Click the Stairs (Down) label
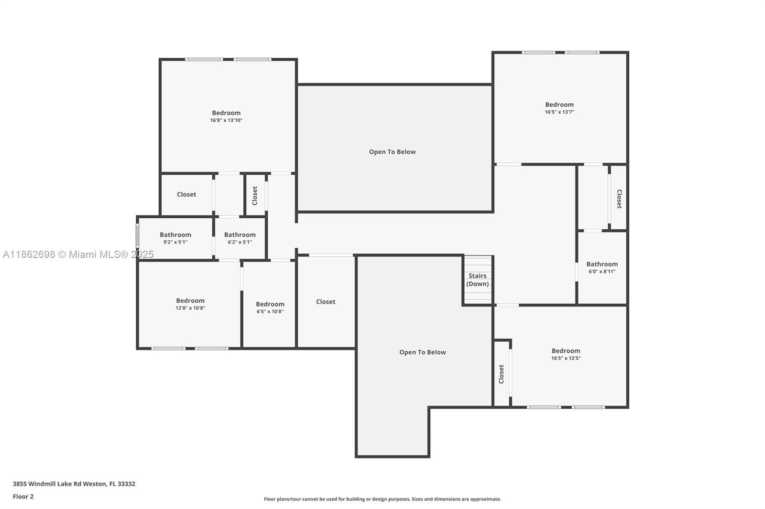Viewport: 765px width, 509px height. pos(478,280)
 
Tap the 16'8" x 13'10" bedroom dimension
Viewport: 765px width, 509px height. pos(226,120)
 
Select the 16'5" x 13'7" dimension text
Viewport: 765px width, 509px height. pos(559,112)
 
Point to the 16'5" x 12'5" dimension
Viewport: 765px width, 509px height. pos(566,358)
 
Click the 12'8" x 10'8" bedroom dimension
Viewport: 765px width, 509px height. pos(190,308)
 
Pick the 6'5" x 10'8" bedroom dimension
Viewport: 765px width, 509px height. pos(270,311)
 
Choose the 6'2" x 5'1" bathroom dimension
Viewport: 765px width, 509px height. pos(240,242)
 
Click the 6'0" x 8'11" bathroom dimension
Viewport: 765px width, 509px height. pos(602,272)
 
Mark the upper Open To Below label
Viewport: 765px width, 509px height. pos(393,152)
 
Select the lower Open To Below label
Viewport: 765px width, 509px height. pos(423,352)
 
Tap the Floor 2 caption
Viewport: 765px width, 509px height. pos(23,497)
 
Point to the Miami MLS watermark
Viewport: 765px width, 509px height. pos(78,254)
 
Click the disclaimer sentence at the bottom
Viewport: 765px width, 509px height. pos(382,499)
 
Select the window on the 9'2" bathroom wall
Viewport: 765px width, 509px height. pos(138,235)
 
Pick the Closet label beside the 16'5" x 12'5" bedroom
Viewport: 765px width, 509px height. pos(502,374)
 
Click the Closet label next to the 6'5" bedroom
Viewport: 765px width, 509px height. pos(326,302)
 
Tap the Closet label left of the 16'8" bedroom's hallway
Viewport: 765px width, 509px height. pos(186,194)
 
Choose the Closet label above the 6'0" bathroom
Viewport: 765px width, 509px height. pos(619,199)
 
